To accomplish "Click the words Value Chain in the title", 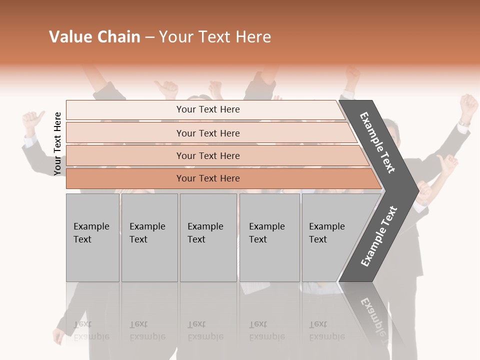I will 94,37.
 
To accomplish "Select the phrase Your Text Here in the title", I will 215,37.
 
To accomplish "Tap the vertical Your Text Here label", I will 57,143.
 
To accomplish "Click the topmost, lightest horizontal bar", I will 125,109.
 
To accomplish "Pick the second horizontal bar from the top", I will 125,133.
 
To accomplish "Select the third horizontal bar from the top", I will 125,155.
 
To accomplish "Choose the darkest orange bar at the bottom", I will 125,178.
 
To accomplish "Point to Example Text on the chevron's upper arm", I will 377,142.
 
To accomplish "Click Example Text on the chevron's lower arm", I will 378,236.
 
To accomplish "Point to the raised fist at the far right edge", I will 468,105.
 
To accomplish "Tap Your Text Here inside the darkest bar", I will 208,178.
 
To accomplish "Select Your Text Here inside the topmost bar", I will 208,109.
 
